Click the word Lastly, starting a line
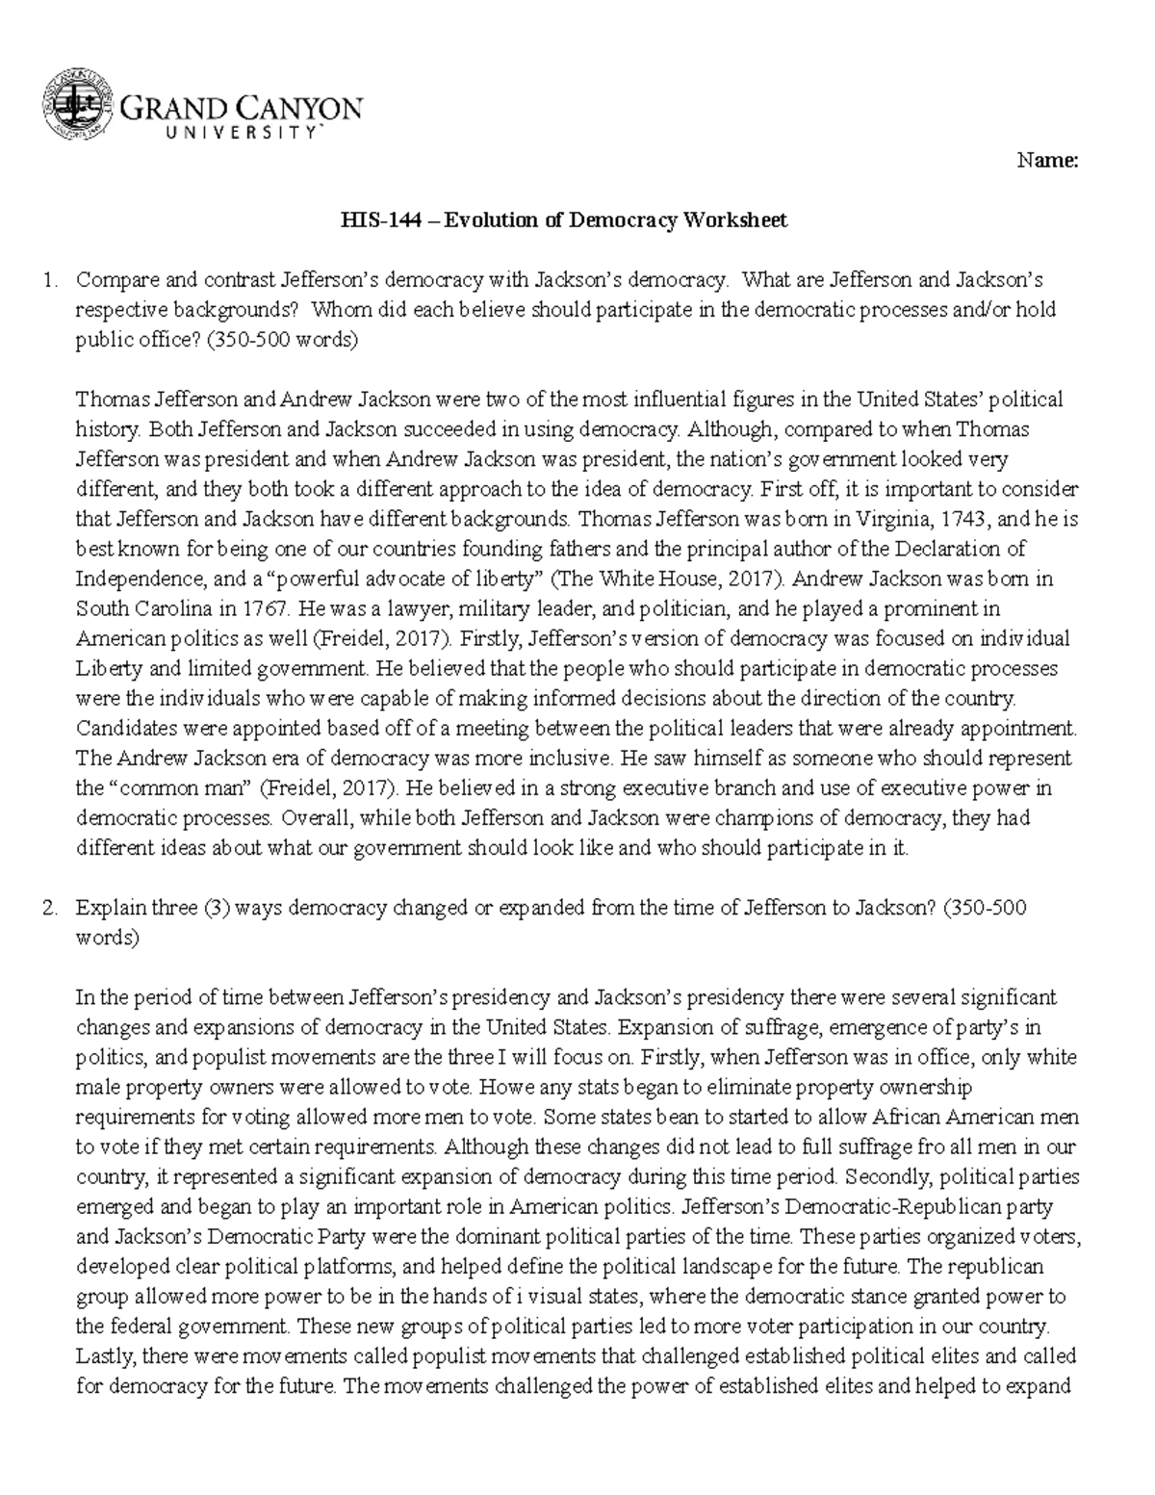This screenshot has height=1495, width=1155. (107, 1356)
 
